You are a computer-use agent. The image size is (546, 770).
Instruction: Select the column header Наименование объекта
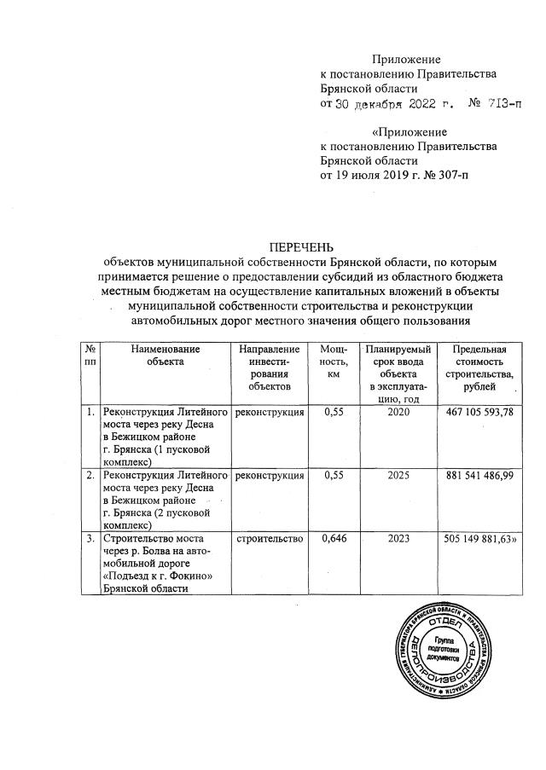pos(166,356)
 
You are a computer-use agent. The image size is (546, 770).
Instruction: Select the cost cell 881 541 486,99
pos(483,474)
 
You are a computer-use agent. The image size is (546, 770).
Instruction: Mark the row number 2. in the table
pos(90,474)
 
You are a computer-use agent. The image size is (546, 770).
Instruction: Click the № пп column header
pos(90,356)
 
